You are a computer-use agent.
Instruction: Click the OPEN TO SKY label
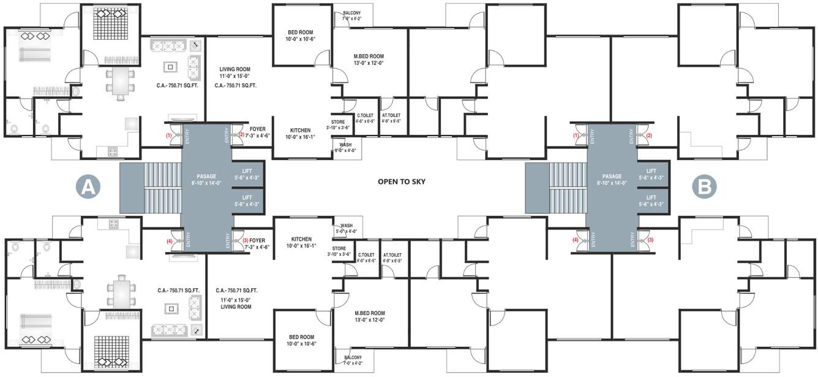[x=401, y=181]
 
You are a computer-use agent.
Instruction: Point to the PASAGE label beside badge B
[x=612, y=176]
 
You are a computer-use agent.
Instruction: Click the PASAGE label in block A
[x=206, y=176]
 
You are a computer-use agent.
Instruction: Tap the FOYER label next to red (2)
[x=258, y=129]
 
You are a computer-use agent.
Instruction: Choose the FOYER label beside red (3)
[x=258, y=241]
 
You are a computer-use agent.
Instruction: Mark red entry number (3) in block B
[x=650, y=240]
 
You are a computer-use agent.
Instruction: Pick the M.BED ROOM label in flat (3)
[x=370, y=313]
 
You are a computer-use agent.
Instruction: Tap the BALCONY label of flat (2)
[x=351, y=12]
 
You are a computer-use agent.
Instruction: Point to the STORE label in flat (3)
[x=339, y=248]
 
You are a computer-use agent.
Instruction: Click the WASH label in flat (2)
[x=345, y=145]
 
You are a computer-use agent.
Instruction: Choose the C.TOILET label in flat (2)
[x=366, y=115]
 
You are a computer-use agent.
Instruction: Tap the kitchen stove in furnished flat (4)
[x=113, y=224]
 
